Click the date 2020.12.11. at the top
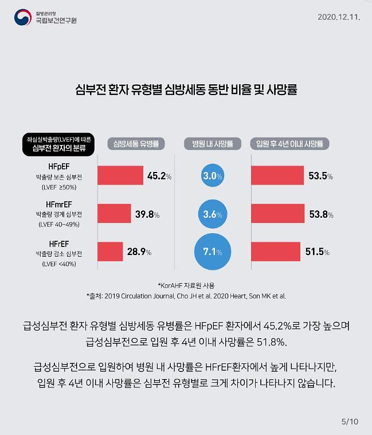pyautogui.click(x=338, y=17)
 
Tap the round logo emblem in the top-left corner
pyautogui.click(x=24, y=17)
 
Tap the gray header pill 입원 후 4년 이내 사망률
pyautogui.click(x=289, y=144)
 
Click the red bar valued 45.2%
pyautogui.click(x=120, y=176)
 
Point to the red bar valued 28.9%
pyautogui.click(x=110, y=252)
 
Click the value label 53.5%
pyautogui.click(x=320, y=176)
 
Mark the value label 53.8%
pyautogui.click(x=320, y=214)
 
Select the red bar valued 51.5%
pyautogui.click(x=276, y=252)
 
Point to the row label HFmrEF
pyautogui.click(x=59, y=205)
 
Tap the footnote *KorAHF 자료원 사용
pyautogui.click(x=186, y=285)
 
